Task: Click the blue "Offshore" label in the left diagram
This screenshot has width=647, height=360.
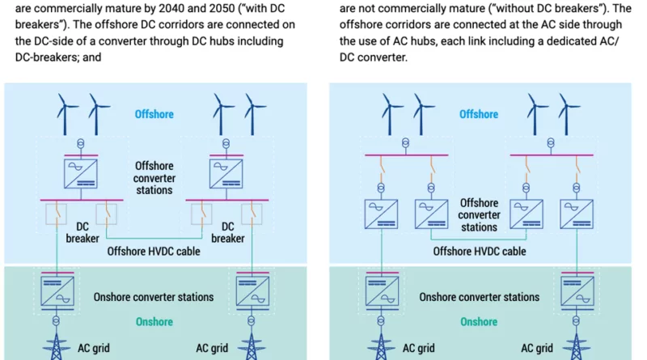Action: pyautogui.click(x=154, y=114)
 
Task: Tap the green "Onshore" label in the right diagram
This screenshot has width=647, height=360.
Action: pyautogui.click(x=479, y=322)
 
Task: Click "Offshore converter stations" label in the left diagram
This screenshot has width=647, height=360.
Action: pyautogui.click(x=154, y=178)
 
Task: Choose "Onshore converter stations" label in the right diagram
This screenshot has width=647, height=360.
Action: pyautogui.click(x=479, y=297)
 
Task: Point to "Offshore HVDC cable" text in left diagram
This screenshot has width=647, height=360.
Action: pyautogui.click(x=154, y=252)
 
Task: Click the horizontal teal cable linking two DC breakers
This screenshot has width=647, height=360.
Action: pyautogui.click(x=154, y=238)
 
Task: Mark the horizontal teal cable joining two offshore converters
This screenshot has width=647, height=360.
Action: pyautogui.click(x=479, y=239)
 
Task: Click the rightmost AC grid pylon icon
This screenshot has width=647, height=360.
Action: pyautogui.click(x=576, y=346)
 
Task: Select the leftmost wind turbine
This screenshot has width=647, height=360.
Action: pyautogui.click(x=65, y=114)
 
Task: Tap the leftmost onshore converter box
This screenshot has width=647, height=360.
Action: pyautogui.click(x=57, y=292)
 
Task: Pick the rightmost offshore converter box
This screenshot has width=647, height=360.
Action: pyautogui.click(x=577, y=214)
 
